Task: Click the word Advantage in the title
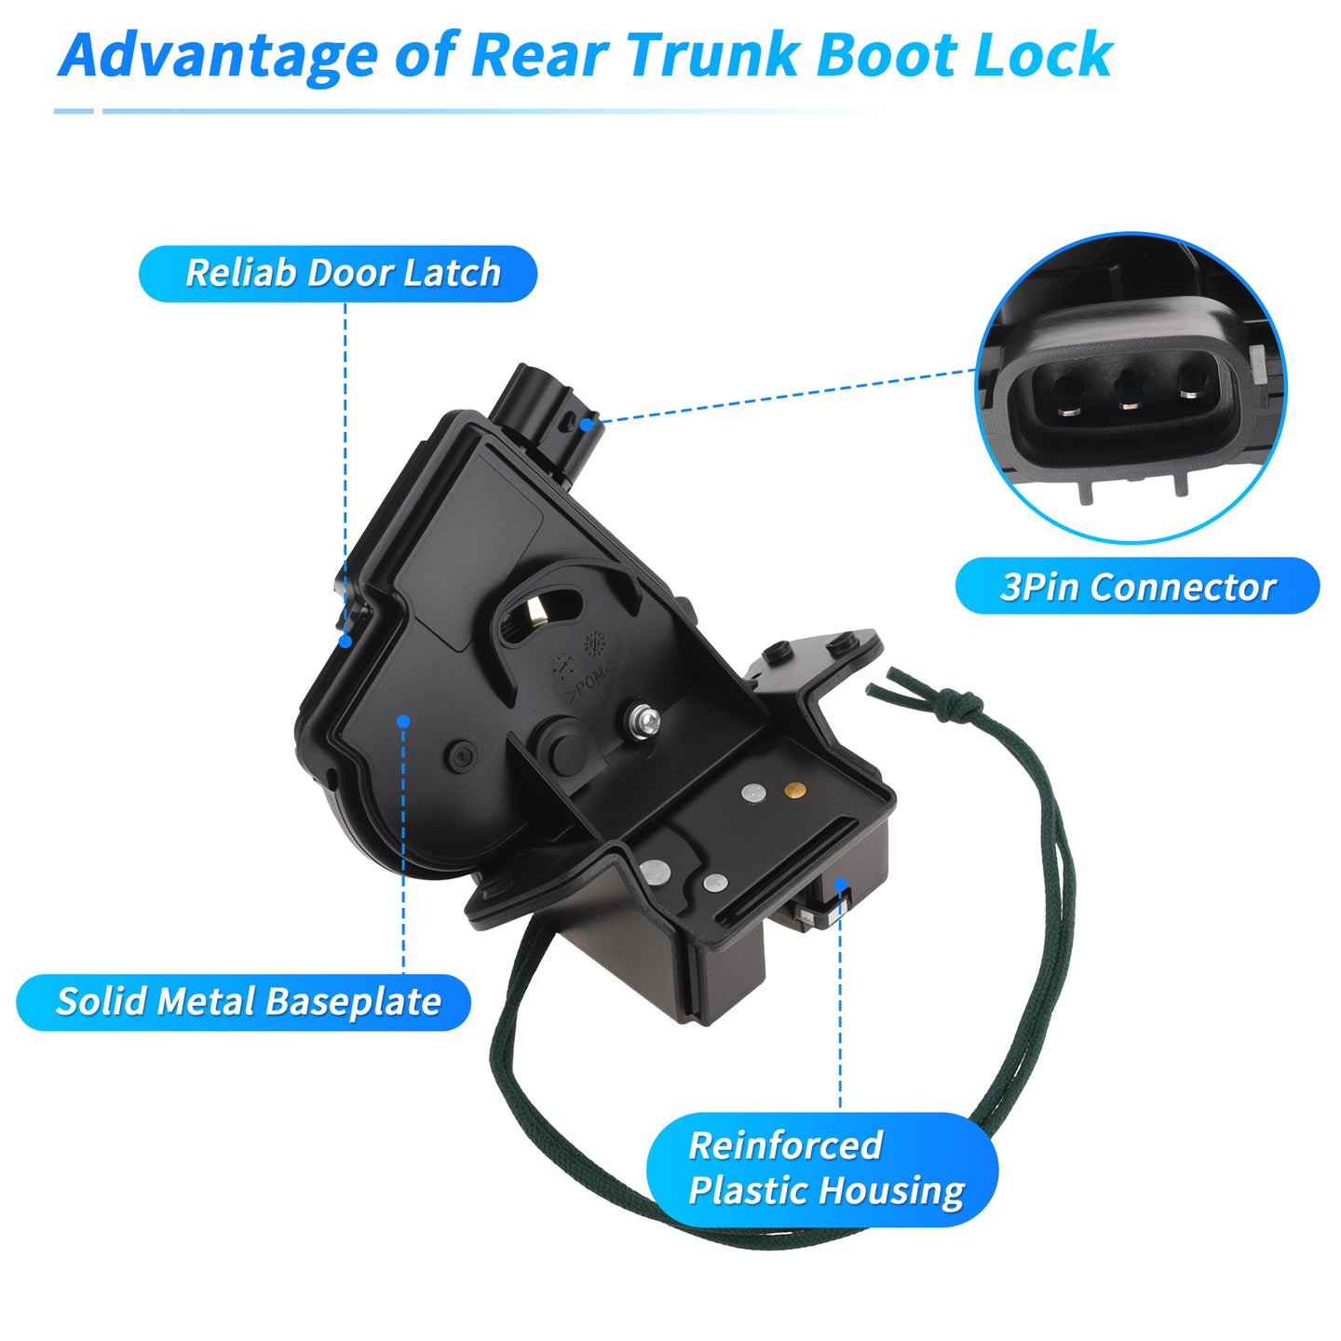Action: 218,57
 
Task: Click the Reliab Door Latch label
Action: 338,273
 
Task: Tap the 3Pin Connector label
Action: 1137,586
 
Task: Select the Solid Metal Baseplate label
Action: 244,1002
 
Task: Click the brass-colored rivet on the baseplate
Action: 794,789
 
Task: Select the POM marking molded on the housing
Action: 589,685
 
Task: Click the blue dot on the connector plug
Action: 588,424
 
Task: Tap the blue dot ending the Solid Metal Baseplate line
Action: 403,721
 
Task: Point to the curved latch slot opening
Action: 541,608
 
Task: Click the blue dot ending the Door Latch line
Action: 345,641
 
